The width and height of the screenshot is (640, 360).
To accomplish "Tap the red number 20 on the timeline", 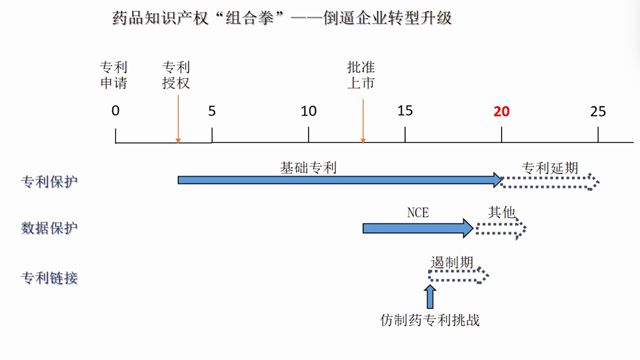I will [502, 110].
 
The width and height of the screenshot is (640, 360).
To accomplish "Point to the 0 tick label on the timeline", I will [116, 110].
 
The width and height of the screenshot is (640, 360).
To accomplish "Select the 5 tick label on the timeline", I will [212, 110].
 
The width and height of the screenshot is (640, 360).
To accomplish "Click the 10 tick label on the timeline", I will [308, 110].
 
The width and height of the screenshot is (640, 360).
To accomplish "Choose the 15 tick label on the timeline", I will [404, 110].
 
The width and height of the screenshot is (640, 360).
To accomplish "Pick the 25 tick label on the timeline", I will [598, 110].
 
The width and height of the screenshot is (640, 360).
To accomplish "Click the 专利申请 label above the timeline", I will [114, 76].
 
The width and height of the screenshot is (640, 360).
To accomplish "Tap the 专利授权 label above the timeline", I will [177, 76].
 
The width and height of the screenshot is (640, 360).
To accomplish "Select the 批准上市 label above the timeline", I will [361, 76].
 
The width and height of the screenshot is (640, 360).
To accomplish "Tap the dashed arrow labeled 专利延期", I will [551, 180].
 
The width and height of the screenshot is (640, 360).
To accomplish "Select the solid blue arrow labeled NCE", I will [418, 229].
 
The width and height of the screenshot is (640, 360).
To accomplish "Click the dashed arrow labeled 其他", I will [501, 229].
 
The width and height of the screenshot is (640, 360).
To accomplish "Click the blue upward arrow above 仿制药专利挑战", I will [431, 296].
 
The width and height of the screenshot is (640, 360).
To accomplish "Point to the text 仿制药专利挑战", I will [431, 321].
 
